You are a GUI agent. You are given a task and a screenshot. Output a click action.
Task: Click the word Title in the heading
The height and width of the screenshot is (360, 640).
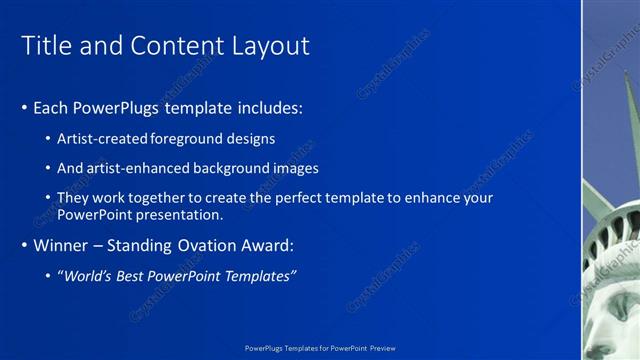(45, 46)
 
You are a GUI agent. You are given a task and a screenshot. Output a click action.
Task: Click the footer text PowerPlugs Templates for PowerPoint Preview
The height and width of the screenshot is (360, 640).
(320, 348)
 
